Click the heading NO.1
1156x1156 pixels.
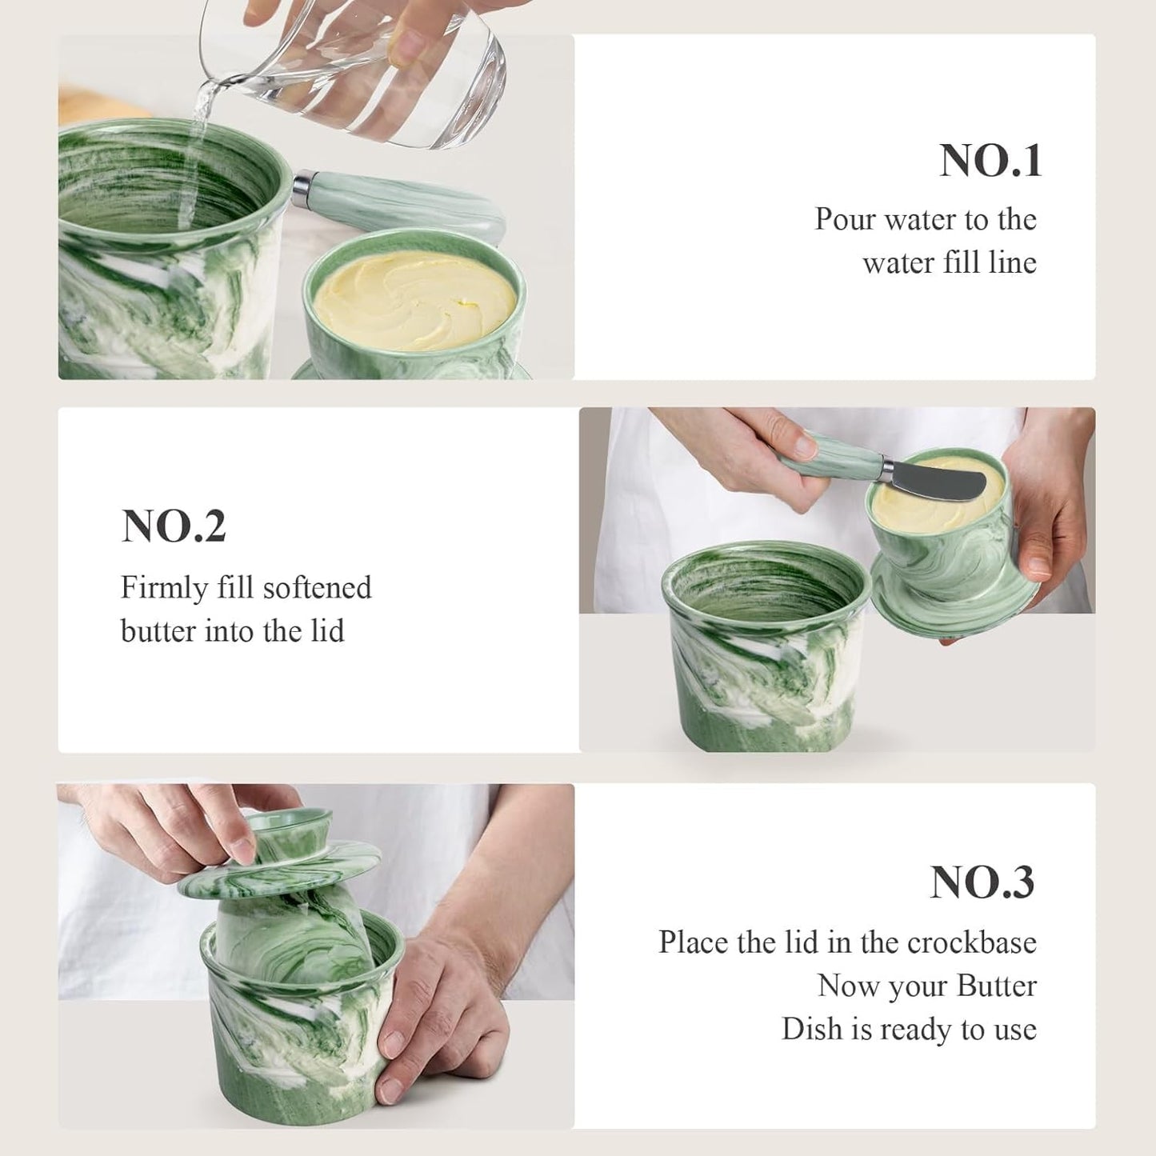pos(990,161)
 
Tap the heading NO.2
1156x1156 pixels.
pos(174,526)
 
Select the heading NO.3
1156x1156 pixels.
pos(982,882)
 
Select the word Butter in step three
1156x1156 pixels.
pos(996,986)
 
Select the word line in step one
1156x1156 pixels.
pos(1012,262)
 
